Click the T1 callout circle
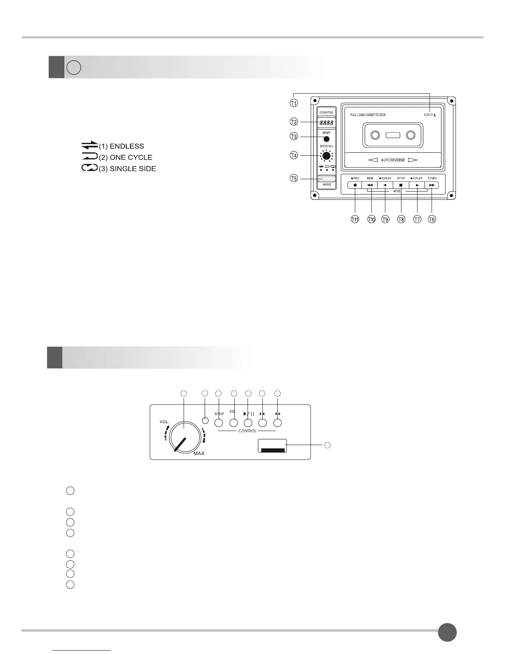click(x=294, y=103)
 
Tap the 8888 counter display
click(x=326, y=123)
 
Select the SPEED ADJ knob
click(x=327, y=156)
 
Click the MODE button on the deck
click(x=326, y=179)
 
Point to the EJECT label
click(x=429, y=115)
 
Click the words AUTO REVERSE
click(x=393, y=160)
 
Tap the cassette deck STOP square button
click(x=401, y=185)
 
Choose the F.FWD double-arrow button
click(x=432, y=185)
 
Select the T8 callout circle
click(x=401, y=219)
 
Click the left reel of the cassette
click(x=375, y=135)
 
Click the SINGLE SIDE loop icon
click(x=90, y=168)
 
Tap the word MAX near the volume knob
click(x=199, y=453)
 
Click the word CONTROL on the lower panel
click(x=247, y=431)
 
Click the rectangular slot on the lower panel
click(x=272, y=445)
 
